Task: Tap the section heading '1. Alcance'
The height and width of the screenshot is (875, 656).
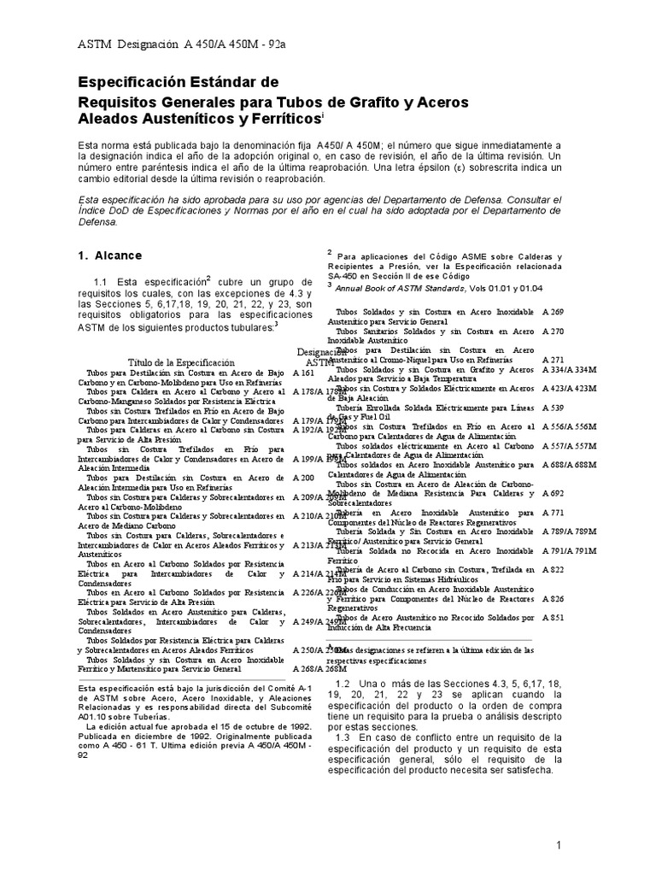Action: click(110, 255)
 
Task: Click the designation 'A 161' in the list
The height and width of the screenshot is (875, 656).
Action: click(304, 373)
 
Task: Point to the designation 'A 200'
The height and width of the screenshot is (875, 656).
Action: click(304, 477)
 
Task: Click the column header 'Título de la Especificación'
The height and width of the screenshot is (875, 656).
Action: click(180, 362)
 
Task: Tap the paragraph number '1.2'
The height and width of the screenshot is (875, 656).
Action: click(344, 683)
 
